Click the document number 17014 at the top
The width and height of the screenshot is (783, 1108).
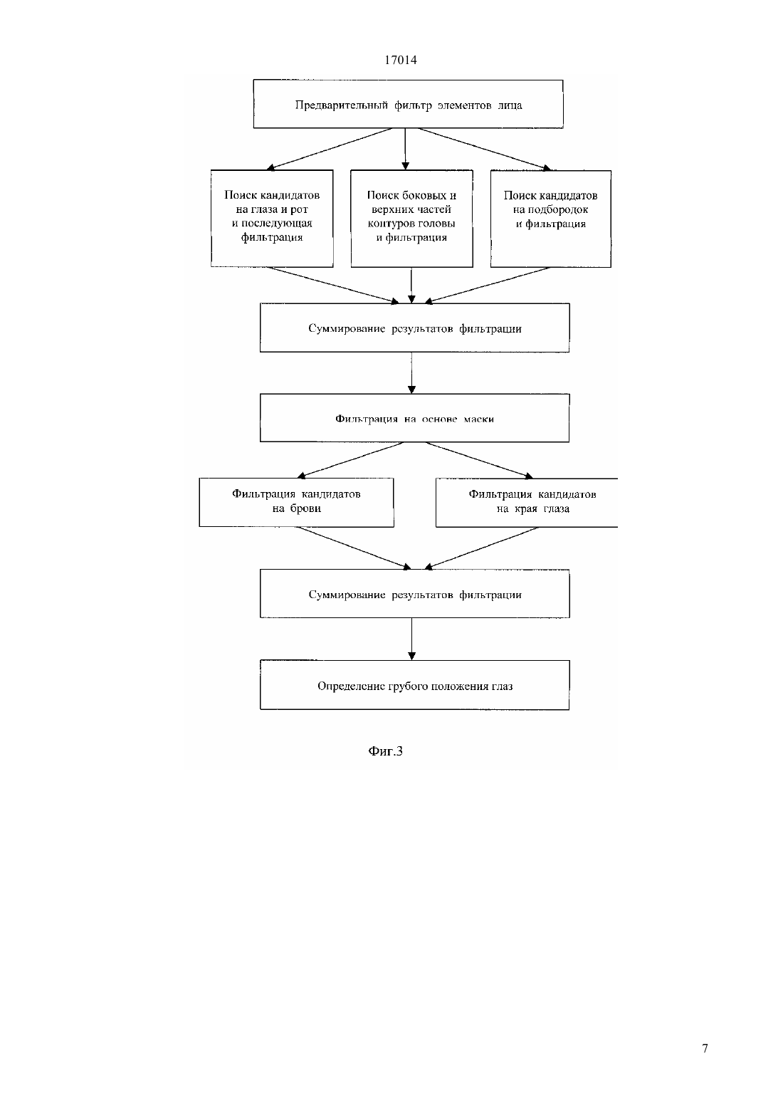click(400, 60)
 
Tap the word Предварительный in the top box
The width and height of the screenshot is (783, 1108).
click(341, 105)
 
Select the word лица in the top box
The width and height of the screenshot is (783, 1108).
click(510, 105)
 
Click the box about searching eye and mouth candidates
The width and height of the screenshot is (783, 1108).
click(272, 218)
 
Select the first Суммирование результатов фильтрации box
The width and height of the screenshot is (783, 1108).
click(415, 328)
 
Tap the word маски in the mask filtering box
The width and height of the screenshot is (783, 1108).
click(478, 419)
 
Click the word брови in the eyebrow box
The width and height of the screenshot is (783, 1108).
click(305, 508)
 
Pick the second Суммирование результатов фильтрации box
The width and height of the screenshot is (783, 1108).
click(415, 594)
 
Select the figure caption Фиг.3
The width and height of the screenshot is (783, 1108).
click(385, 751)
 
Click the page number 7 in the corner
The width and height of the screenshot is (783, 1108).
click(705, 1048)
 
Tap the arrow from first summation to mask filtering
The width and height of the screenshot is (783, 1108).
click(411, 373)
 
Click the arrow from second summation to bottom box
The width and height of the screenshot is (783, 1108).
click(411, 639)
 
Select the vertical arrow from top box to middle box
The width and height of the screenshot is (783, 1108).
click(405, 149)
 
